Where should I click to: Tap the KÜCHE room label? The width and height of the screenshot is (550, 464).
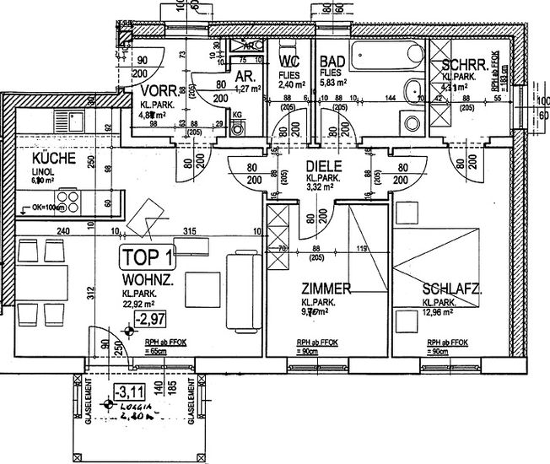point(54,159)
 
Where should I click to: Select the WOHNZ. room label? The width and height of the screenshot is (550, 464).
point(148,278)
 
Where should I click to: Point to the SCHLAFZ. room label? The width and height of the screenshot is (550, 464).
point(452,289)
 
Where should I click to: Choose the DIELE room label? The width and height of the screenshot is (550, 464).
point(322,166)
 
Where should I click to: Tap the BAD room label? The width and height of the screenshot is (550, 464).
point(330,62)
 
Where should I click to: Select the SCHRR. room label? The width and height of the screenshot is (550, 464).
point(458,66)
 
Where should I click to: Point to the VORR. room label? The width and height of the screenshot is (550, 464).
point(158,90)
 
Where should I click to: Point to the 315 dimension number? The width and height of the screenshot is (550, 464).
point(190,232)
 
